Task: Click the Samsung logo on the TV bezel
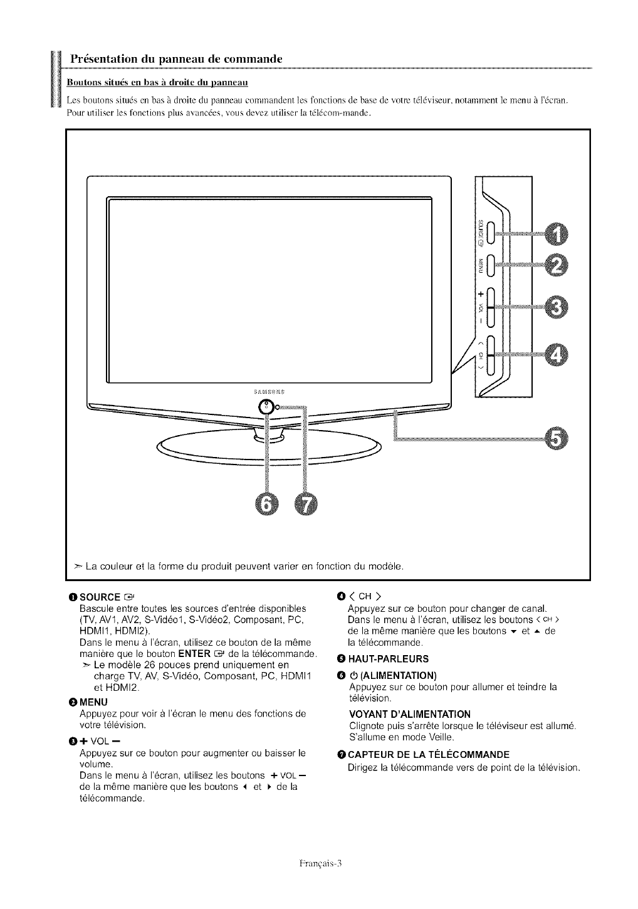pos(269,392)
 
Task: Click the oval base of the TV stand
pos(269,448)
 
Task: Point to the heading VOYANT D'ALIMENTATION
pos(409,714)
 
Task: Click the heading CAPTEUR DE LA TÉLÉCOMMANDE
pos(428,754)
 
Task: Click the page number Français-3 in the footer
pos(319,862)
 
